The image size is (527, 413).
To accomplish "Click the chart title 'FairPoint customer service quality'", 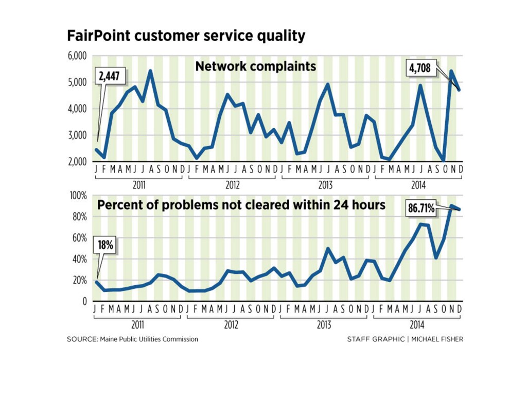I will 186,36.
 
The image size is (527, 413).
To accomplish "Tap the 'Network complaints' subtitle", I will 255,66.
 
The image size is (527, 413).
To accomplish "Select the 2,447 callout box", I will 109,76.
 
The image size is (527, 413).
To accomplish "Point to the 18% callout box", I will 106,246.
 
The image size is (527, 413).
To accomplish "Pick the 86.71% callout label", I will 421,209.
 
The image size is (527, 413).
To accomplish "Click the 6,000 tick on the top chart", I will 77,56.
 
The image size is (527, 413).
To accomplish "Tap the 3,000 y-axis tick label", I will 77,135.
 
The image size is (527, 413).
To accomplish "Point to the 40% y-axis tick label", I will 78,259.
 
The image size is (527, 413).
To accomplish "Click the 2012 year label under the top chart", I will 231,185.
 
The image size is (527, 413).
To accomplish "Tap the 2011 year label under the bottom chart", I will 137,325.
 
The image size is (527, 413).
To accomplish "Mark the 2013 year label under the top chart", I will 324,185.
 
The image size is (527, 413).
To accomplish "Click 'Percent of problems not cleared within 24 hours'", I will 241,205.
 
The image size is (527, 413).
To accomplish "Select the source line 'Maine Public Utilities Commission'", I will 148,339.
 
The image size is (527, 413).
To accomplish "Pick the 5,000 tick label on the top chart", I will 77,82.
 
